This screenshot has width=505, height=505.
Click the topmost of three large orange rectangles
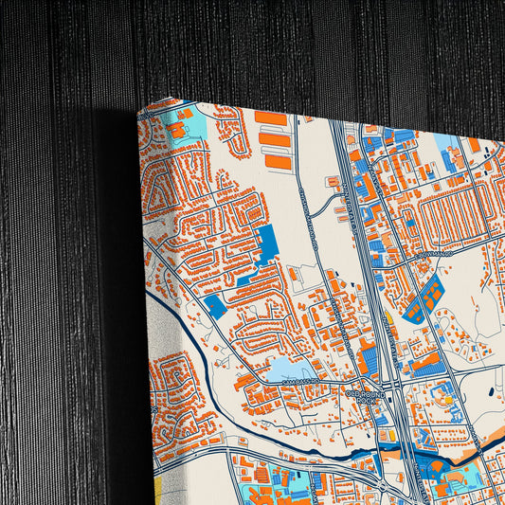click(x=271, y=118)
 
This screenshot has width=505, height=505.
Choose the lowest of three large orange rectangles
click(x=279, y=161)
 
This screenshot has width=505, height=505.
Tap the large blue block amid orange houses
click(x=268, y=244)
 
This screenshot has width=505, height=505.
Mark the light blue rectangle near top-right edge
click(x=445, y=142)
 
